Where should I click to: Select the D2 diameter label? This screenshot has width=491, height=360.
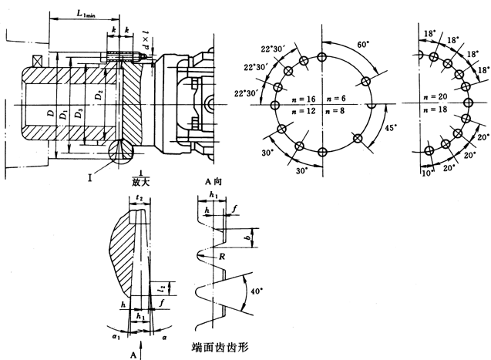[x=98, y=96]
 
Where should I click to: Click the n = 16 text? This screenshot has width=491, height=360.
[x=300, y=99]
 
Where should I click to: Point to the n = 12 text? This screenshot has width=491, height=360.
[x=300, y=113]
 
